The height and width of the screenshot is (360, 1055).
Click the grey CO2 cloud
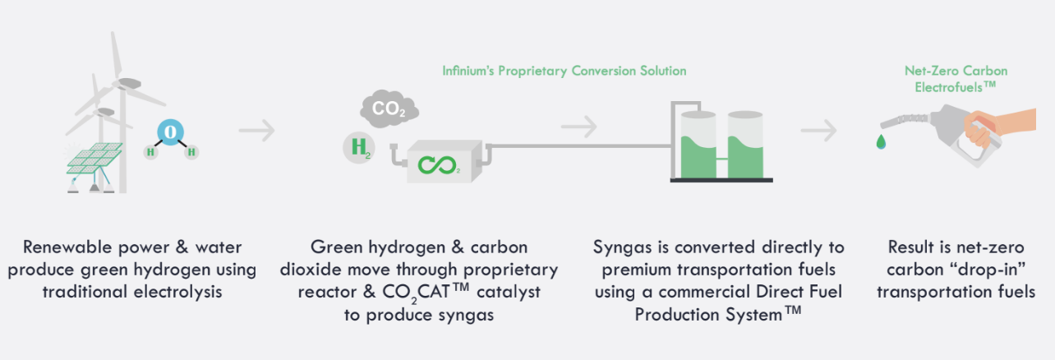point(389,108)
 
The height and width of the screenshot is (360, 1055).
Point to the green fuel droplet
point(880,141)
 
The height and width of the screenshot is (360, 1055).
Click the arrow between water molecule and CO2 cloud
point(256,131)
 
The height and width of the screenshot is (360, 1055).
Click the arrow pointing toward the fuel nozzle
point(818,131)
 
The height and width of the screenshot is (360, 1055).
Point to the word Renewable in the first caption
point(67,247)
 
